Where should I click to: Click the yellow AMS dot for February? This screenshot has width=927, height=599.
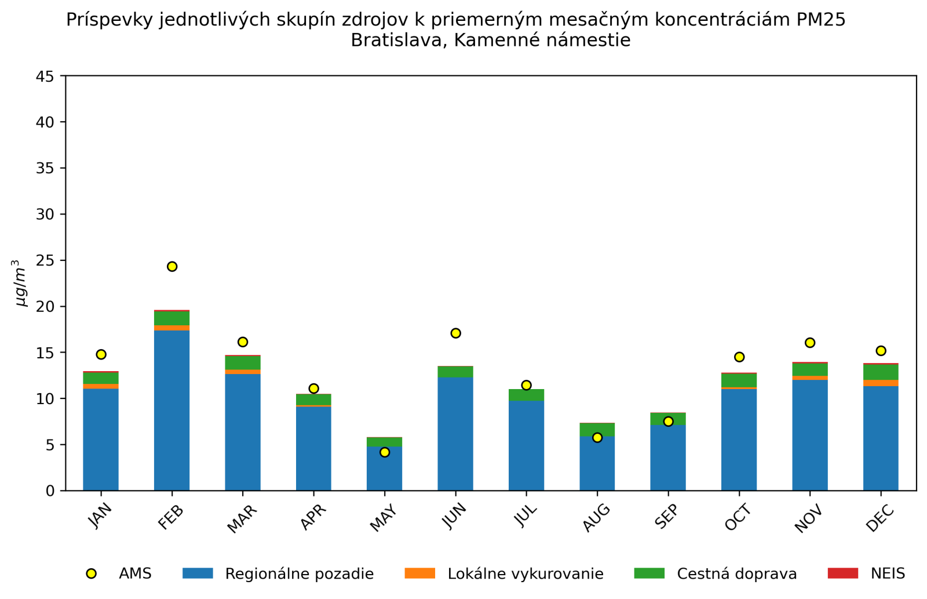click(x=172, y=267)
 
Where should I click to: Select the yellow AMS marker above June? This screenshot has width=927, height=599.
click(x=455, y=333)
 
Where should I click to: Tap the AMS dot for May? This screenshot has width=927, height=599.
click(x=385, y=452)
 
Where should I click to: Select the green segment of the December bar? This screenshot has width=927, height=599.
click(x=881, y=372)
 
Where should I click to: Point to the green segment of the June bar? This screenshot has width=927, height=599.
click(x=455, y=372)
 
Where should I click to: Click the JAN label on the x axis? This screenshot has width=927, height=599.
click(x=100, y=515)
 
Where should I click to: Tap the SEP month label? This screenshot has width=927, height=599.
click(x=666, y=516)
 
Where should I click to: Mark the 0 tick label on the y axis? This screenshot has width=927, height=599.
click(x=51, y=491)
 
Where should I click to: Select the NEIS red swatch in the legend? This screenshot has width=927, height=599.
click(x=842, y=573)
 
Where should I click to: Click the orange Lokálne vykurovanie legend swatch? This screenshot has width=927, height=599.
click(x=419, y=573)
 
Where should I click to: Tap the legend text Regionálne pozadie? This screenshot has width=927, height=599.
click(x=299, y=574)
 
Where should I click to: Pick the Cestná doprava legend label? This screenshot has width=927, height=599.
click(x=737, y=574)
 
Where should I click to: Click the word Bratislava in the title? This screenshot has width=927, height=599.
click(x=398, y=41)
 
